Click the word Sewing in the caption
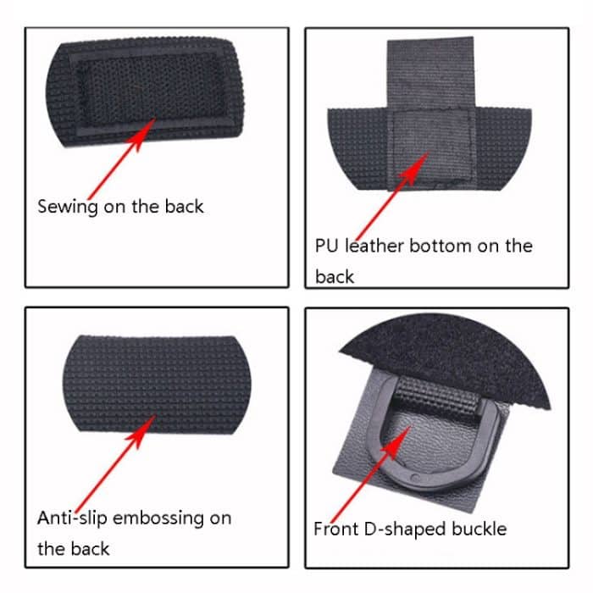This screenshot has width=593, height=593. tap(68, 207)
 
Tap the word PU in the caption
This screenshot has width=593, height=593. tap(326, 246)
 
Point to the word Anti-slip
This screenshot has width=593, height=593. tap(72, 518)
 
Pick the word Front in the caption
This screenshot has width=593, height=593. tap(335, 529)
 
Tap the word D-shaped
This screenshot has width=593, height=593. tap(405, 529)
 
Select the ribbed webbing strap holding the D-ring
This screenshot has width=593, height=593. tap(435, 396)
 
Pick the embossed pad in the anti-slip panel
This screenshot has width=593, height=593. tap(157, 385)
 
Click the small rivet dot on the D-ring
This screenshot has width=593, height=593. tap(415, 478)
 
